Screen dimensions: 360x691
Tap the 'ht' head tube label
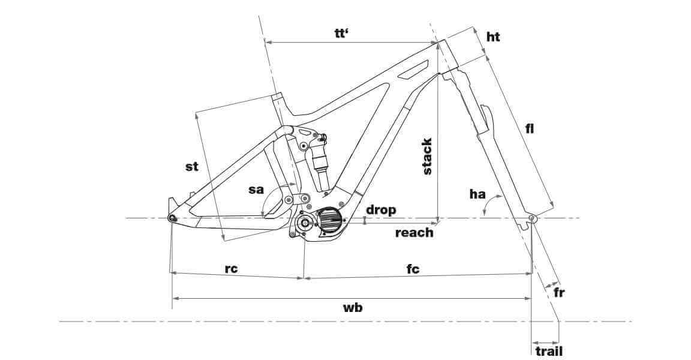[x=493, y=37]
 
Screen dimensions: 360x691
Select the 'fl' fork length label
[x=529, y=128]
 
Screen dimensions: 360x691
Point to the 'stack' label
[x=427, y=157]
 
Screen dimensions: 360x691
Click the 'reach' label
[x=414, y=232]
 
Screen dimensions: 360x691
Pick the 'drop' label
[x=381, y=209]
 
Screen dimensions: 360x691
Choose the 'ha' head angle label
[x=477, y=194]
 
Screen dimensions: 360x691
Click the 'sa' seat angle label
[x=256, y=190]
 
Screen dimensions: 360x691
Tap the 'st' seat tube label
[x=191, y=167]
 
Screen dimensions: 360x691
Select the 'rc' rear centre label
[x=231, y=269]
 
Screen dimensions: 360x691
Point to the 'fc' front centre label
[x=413, y=269]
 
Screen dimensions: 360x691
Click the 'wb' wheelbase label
[x=353, y=307]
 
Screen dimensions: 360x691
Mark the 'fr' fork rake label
[x=558, y=293]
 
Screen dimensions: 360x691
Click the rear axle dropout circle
[x=172, y=218]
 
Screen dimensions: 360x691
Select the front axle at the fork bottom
[x=532, y=219]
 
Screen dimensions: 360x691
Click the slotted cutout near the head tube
[x=413, y=70]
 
